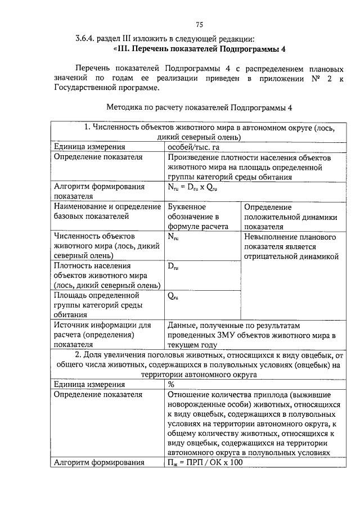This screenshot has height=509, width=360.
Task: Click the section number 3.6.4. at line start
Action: point(88,39)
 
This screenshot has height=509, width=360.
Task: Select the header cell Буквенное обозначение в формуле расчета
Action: point(198,217)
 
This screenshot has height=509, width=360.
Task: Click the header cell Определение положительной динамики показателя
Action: point(290,217)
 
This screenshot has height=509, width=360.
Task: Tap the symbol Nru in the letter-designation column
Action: point(173,237)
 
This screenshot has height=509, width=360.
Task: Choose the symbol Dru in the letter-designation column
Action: point(173,266)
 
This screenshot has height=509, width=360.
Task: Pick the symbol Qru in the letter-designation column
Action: point(173,296)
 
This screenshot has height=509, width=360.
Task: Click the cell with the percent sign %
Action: point(170,384)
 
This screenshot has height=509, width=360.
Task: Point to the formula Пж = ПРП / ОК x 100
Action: point(205,462)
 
